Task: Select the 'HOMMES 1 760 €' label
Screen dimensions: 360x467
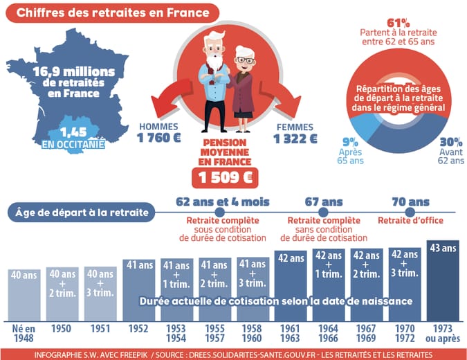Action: point(159,133)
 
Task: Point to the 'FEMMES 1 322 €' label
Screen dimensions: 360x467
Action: point(295,133)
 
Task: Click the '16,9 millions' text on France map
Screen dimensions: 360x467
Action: point(71,71)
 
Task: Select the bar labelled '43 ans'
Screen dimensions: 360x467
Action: point(443,280)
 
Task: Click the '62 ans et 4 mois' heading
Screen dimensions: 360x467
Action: point(222,201)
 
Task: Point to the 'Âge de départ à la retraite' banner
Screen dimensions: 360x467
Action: point(82,212)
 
